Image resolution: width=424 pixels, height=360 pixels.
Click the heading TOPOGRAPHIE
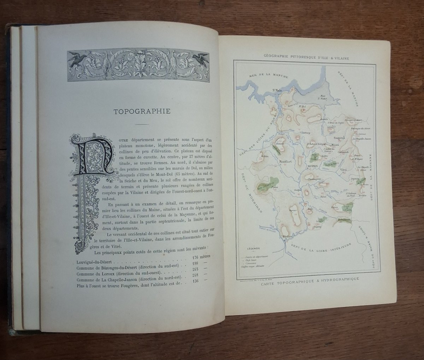tap(142, 112)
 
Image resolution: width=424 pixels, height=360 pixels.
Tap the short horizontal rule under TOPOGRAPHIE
tap(142, 125)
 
